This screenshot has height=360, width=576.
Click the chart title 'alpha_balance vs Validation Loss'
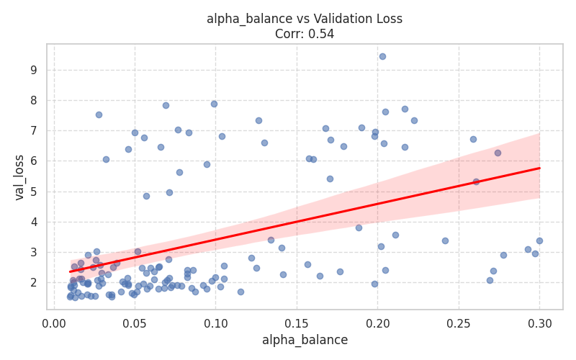click(305, 19)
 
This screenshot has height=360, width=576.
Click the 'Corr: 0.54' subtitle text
click(305, 34)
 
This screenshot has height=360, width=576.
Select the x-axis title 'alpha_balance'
click(305, 340)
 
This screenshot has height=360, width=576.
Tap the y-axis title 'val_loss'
click(19, 177)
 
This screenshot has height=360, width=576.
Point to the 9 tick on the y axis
click(33, 70)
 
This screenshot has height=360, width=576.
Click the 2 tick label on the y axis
click(33, 282)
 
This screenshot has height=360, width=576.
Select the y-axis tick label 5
click(33, 192)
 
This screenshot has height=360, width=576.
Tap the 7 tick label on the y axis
click(33, 131)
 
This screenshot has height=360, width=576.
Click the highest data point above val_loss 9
click(382, 56)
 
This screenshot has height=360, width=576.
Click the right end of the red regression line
click(539, 168)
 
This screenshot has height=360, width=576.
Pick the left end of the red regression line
click(70, 271)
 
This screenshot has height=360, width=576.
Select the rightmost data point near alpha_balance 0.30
click(539, 240)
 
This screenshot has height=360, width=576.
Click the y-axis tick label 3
click(33, 252)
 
